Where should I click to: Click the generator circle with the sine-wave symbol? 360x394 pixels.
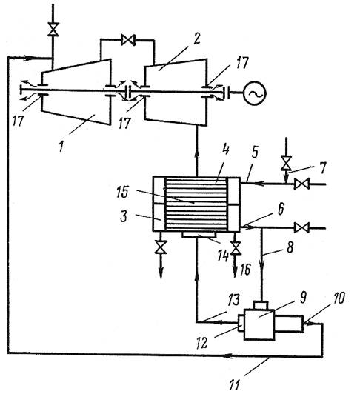click(x=254, y=93)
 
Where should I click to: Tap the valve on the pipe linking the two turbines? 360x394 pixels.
click(x=128, y=40)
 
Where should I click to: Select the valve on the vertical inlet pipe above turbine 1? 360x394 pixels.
click(x=53, y=30)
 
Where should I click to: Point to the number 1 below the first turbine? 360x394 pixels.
click(x=61, y=146)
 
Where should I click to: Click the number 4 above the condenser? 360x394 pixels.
click(x=225, y=150)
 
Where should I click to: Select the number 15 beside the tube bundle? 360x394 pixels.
click(x=123, y=192)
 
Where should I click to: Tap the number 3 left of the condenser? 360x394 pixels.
click(x=124, y=216)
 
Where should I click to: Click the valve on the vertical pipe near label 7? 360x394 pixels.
click(x=286, y=163)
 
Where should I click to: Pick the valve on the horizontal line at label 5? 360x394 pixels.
click(x=301, y=184)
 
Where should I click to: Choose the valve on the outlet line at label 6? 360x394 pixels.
click(x=301, y=228)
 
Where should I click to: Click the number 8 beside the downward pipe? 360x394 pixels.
click(x=290, y=248)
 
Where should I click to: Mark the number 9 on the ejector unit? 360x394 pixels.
click(x=303, y=298)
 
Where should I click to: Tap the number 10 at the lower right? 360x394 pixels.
click(x=339, y=298)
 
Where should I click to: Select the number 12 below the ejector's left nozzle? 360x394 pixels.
click(x=202, y=343)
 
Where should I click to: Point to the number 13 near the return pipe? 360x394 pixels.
click(x=233, y=300)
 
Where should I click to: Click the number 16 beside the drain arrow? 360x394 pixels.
click(x=245, y=270)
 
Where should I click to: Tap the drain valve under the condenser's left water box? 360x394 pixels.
click(x=161, y=247)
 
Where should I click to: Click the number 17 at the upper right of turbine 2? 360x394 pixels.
click(x=241, y=62)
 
